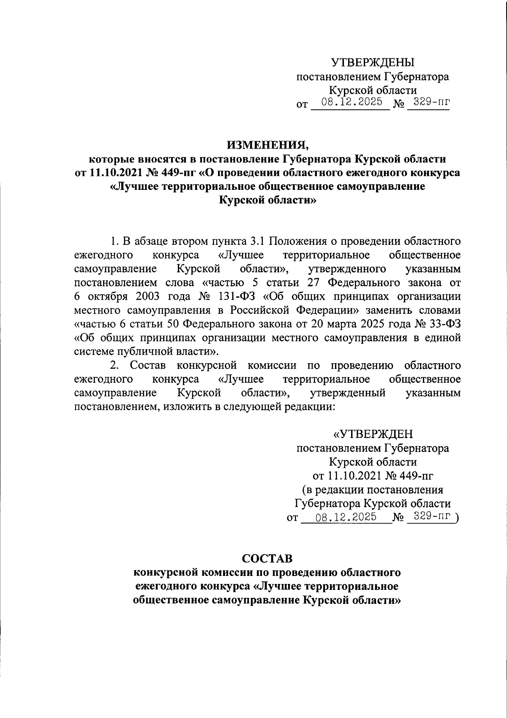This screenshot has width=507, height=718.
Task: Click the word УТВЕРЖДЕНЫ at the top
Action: click(x=373, y=63)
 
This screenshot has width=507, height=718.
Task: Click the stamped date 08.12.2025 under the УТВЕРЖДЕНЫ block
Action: click(x=352, y=102)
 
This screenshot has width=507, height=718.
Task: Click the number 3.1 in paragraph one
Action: click(x=257, y=241)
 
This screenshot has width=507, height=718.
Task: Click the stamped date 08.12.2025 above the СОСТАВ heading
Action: click(x=346, y=517)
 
